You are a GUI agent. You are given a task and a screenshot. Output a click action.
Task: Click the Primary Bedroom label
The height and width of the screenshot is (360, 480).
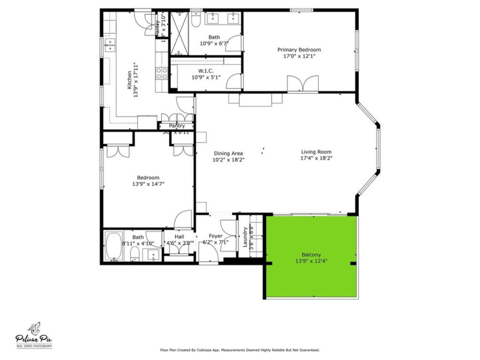pos(299,50)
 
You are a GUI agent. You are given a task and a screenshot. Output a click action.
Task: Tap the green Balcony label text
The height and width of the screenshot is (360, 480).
pos(311,255)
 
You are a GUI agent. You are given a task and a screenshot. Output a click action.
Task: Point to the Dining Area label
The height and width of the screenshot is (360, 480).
pos(229,153)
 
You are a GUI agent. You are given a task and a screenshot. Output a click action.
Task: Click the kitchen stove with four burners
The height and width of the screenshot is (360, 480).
pos(162,73)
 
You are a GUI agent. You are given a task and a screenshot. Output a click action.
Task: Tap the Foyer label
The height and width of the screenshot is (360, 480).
pos(215,236)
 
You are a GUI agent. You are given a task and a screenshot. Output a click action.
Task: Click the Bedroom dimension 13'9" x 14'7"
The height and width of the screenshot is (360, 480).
pos(148,185)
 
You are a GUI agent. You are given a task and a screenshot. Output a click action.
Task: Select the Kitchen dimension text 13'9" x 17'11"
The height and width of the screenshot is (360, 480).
pos(136,80)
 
